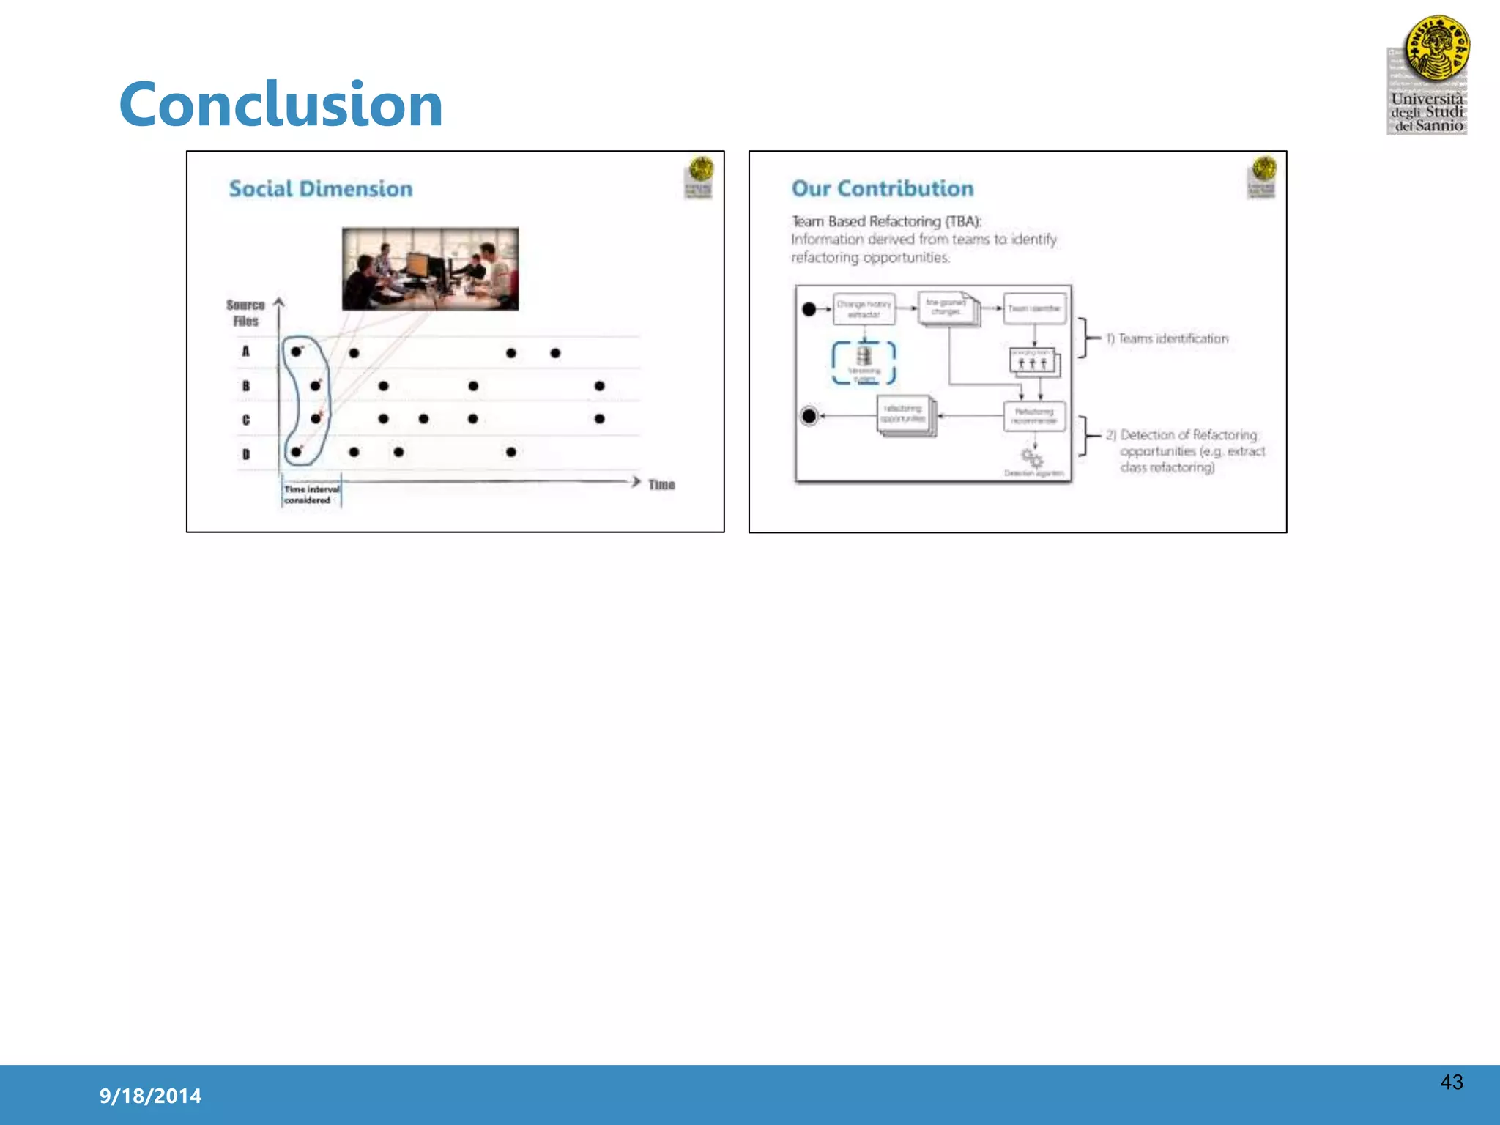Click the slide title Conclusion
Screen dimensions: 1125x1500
281,104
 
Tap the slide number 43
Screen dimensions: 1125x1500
1451,1082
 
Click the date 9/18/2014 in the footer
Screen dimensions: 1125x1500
150,1096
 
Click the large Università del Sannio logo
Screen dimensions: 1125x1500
1428,75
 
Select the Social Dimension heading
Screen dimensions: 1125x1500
321,189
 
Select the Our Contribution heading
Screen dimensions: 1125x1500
883,189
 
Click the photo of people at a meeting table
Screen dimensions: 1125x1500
430,269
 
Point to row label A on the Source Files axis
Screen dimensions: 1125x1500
246,352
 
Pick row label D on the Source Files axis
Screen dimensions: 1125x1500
246,454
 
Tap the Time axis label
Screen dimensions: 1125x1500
661,484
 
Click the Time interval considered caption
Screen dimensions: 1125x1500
311,494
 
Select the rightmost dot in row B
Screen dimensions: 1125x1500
600,386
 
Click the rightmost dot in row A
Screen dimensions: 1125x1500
555,353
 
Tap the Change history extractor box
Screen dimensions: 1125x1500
864,309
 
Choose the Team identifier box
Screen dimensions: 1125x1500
1034,308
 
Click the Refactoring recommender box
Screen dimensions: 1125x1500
1034,416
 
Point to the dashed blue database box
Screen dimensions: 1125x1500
864,363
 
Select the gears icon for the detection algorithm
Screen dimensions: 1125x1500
1033,459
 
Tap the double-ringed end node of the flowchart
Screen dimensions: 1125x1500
809,416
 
